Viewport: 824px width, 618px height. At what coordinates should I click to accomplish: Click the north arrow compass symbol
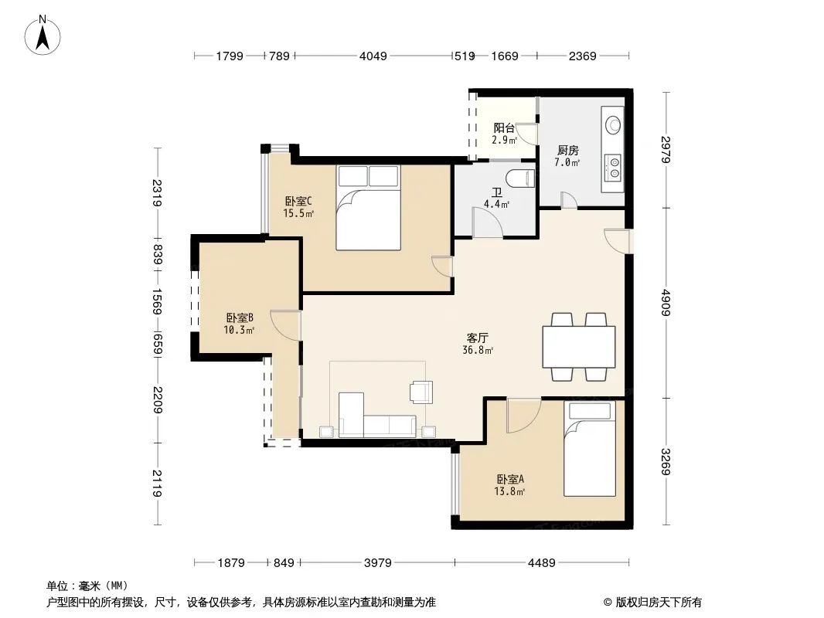pos(43,36)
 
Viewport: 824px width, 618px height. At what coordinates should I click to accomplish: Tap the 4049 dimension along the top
pos(373,56)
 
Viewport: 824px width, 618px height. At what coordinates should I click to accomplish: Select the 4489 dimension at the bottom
pos(541,563)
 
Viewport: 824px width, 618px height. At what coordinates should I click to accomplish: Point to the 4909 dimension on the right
pos(666,303)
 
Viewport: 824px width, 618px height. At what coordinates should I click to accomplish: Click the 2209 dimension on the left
pos(157,399)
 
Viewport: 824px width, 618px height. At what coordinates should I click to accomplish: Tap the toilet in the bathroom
pos(520,178)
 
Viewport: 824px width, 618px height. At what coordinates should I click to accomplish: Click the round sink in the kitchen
pos(613,125)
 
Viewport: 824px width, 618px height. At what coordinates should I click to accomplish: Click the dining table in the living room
pos(579,347)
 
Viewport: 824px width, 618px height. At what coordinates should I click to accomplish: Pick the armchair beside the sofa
pos(422,392)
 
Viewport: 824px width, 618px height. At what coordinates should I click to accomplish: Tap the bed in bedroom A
pos(590,449)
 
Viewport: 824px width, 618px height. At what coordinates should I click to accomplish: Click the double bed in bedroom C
pos(369,208)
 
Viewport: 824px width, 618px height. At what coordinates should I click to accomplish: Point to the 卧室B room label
pos(240,317)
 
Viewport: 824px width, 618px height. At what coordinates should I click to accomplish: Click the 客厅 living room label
pos(477,338)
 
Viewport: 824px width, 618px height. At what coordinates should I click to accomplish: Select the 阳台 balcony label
pos(504,127)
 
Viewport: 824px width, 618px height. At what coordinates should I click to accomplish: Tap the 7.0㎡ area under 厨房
pos(567,162)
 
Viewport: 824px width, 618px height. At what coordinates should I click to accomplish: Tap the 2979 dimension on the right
pos(666,150)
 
